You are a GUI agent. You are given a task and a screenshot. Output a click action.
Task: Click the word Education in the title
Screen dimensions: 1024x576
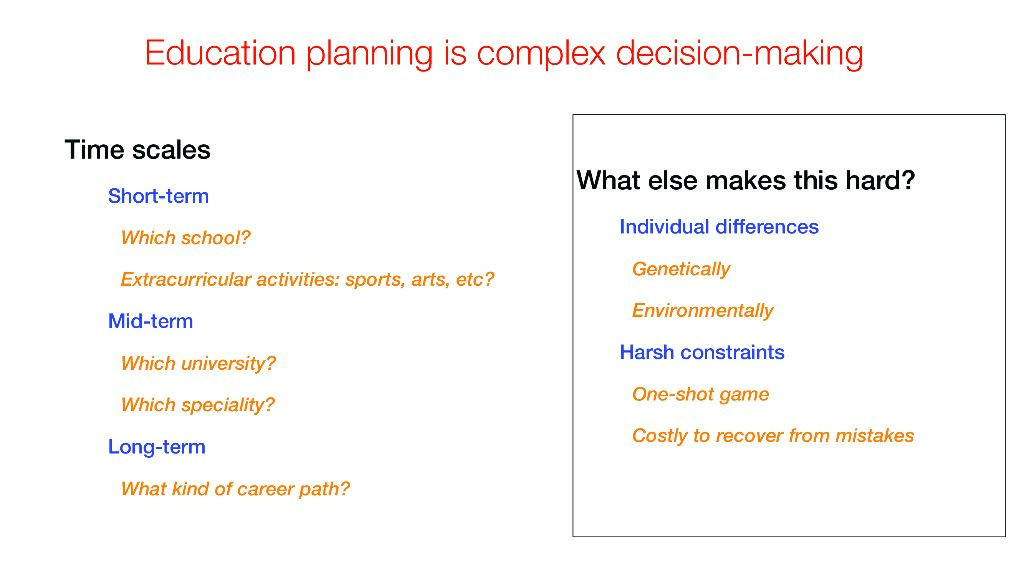tap(220, 52)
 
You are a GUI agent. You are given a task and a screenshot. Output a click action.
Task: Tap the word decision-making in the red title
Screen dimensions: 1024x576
tap(739, 54)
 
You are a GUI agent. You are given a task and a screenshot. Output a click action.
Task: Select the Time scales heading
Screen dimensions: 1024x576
tap(137, 150)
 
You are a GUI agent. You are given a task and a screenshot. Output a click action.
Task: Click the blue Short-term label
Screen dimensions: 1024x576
tap(158, 196)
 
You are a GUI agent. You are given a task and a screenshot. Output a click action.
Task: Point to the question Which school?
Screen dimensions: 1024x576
tap(185, 237)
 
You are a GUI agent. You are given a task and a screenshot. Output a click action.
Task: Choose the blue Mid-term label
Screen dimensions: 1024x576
tap(150, 321)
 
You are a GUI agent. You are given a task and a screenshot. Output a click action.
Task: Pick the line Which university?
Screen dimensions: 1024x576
tap(199, 363)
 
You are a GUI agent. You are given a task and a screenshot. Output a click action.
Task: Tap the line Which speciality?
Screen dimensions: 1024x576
tap(198, 405)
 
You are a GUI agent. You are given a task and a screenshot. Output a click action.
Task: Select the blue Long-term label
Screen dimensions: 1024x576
tap(157, 447)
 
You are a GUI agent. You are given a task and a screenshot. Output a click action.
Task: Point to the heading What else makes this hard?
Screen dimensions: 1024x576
tap(746, 180)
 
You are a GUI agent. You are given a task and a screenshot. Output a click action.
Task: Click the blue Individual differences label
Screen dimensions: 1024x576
tap(719, 227)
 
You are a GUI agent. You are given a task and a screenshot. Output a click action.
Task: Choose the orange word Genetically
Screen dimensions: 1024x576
tap(681, 269)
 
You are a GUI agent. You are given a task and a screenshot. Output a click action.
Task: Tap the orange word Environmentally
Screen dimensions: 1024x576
tap(703, 310)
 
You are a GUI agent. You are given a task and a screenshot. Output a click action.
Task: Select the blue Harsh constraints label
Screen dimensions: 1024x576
tap(702, 352)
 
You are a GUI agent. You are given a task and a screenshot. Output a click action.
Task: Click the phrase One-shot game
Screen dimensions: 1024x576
tap(701, 394)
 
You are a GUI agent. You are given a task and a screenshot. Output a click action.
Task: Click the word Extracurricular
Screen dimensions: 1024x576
tap(186, 280)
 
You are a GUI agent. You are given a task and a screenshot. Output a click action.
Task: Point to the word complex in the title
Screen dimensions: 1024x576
tap(541, 54)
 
